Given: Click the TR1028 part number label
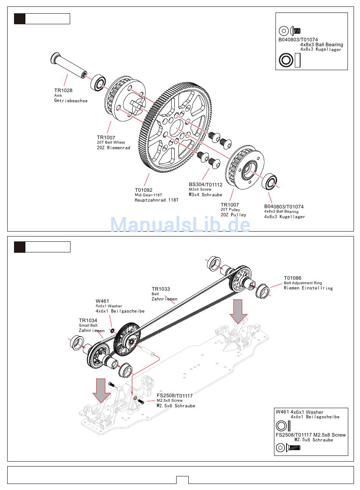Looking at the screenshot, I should click(x=63, y=91).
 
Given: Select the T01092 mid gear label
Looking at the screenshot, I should click(x=144, y=190).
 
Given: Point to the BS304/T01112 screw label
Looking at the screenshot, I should click(x=205, y=185).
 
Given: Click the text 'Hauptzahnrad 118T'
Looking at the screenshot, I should click(x=157, y=200).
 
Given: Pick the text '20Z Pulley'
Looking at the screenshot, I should click(x=233, y=215).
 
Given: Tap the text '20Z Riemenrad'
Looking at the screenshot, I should click(x=113, y=148).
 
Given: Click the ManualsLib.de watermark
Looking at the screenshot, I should click(x=180, y=225).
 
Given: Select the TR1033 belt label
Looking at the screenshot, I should click(x=161, y=289).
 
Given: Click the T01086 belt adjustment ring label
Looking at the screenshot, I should click(x=293, y=278).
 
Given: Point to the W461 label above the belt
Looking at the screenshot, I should click(x=102, y=301).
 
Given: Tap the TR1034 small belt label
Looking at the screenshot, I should click(x=88, y=321).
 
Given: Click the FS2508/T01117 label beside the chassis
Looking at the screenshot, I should click(x=175, y=396).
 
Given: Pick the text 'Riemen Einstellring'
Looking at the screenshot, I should click(x=308, y=288).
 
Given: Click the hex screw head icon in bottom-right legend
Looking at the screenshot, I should click(x=280, y=448).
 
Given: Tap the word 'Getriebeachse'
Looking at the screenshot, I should click(x=71, y=101).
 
